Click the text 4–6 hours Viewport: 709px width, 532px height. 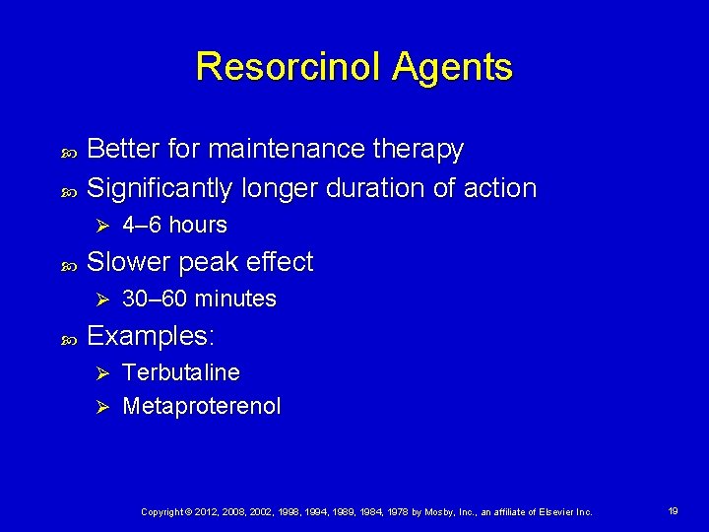pyautogui.click(x=174, y=226)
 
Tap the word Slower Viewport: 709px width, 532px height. pyautogui.click(x=125, y=262)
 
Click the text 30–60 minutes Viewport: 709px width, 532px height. pyautogui.click(x=199, y=299)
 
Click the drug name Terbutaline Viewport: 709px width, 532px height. pyautogui.click(x=181, y=373)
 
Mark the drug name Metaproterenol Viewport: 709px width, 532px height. pyautogui.click(x=202, y=406)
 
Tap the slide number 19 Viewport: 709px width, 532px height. pyautogui.click(x=674, y=511)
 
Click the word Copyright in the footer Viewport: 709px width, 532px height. pyautogui.click(x=163, y=512)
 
